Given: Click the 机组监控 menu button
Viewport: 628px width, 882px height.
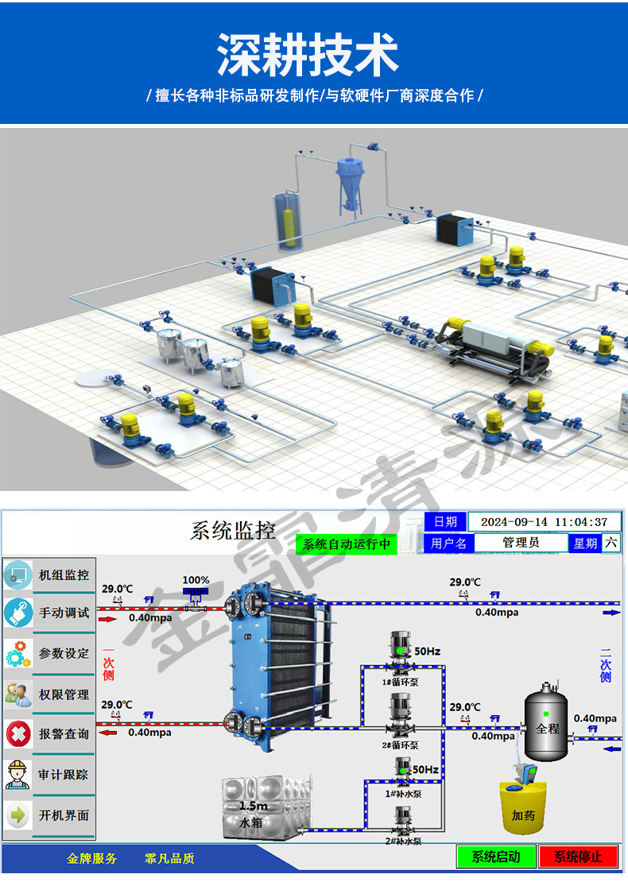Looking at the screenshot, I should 49,574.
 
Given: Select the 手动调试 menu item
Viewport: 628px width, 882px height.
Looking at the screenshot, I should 49,613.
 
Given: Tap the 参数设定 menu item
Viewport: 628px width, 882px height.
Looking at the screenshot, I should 49,653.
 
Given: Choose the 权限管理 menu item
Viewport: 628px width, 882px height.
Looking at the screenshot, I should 49,694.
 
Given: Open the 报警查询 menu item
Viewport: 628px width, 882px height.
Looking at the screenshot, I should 49,734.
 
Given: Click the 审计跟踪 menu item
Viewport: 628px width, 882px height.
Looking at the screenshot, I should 49,775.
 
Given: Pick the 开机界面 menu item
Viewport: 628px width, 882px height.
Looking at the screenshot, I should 49,815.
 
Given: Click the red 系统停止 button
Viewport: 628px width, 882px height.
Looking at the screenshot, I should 578,857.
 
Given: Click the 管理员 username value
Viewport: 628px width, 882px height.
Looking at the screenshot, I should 521,543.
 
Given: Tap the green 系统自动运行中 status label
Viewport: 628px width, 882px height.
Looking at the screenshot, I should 347,544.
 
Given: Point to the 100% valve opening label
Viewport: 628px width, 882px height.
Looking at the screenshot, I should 196,580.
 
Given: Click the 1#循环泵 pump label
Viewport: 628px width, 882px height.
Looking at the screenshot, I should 401,682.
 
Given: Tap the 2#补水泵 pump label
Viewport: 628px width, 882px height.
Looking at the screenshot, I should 403,841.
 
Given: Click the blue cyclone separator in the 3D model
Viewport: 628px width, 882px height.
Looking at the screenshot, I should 350,179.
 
